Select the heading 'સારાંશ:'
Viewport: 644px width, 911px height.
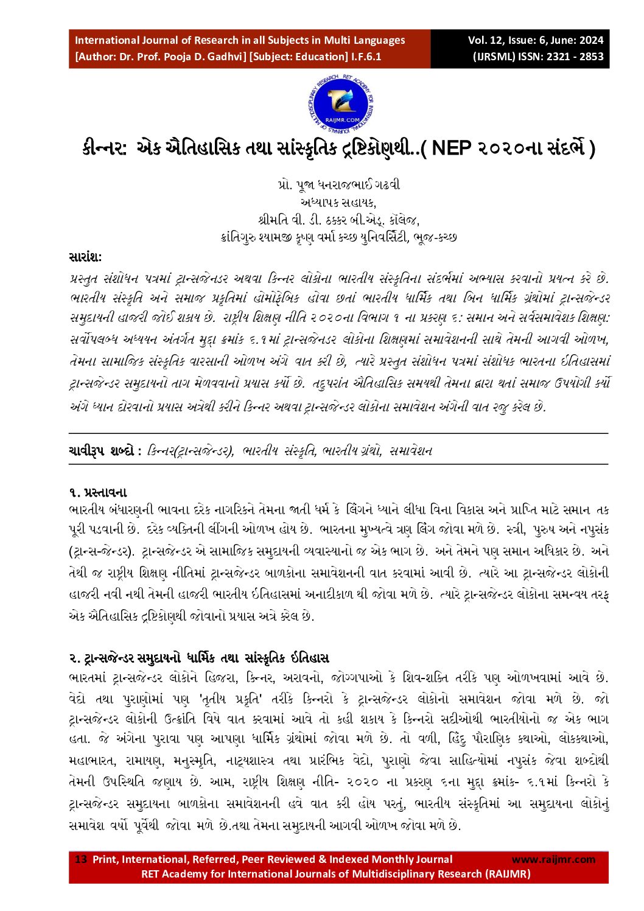[x=86, y=257]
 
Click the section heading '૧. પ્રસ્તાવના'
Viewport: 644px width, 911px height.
[x=98, y=492]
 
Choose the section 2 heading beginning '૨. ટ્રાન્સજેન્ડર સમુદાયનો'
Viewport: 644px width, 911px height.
[x=199, y=658]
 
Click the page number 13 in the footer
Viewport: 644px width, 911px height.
[x=81, y=859]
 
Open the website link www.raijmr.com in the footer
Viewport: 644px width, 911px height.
[x=553, y=859]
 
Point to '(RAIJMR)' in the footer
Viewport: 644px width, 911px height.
[x=508, y=874]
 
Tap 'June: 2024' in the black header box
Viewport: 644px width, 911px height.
[x=577, y=41]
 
